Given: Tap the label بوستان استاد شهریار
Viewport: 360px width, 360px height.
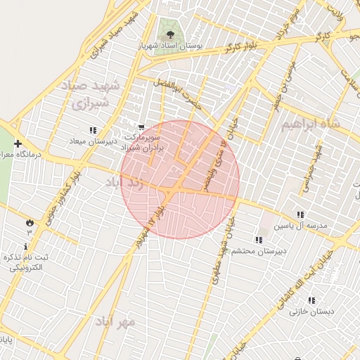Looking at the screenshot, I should click(169, 44).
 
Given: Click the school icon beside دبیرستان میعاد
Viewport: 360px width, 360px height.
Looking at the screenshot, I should click(93, 129).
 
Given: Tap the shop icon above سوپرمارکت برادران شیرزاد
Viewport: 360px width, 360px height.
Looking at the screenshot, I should click(142, 127).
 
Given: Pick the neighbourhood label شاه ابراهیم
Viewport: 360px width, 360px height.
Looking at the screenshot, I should click(310, 124).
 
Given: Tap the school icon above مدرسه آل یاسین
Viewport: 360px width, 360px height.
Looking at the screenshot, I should click(300, 214).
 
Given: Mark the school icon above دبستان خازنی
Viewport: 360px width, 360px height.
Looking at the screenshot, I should click(311, 300).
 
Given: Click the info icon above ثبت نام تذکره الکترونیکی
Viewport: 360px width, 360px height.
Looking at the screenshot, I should click(26, 246).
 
